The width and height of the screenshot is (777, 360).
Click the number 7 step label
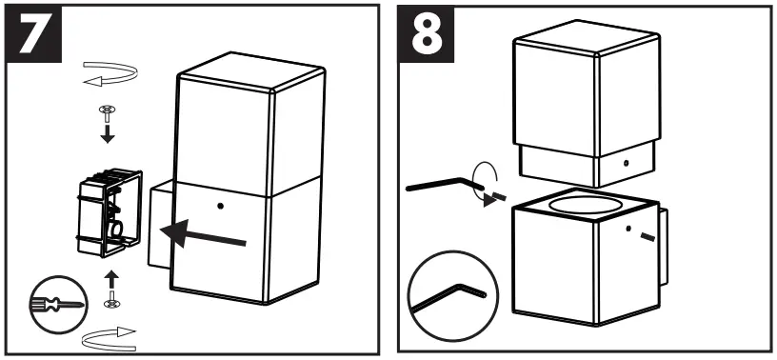point(35,35)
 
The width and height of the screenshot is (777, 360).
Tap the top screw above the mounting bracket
point(108,110)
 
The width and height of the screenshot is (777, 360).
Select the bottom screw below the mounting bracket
point(111,301)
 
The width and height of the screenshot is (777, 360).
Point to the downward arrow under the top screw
point(108,132)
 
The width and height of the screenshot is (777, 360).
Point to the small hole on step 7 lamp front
point(220,205)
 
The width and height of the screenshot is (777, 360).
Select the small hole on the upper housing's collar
point(626,163)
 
